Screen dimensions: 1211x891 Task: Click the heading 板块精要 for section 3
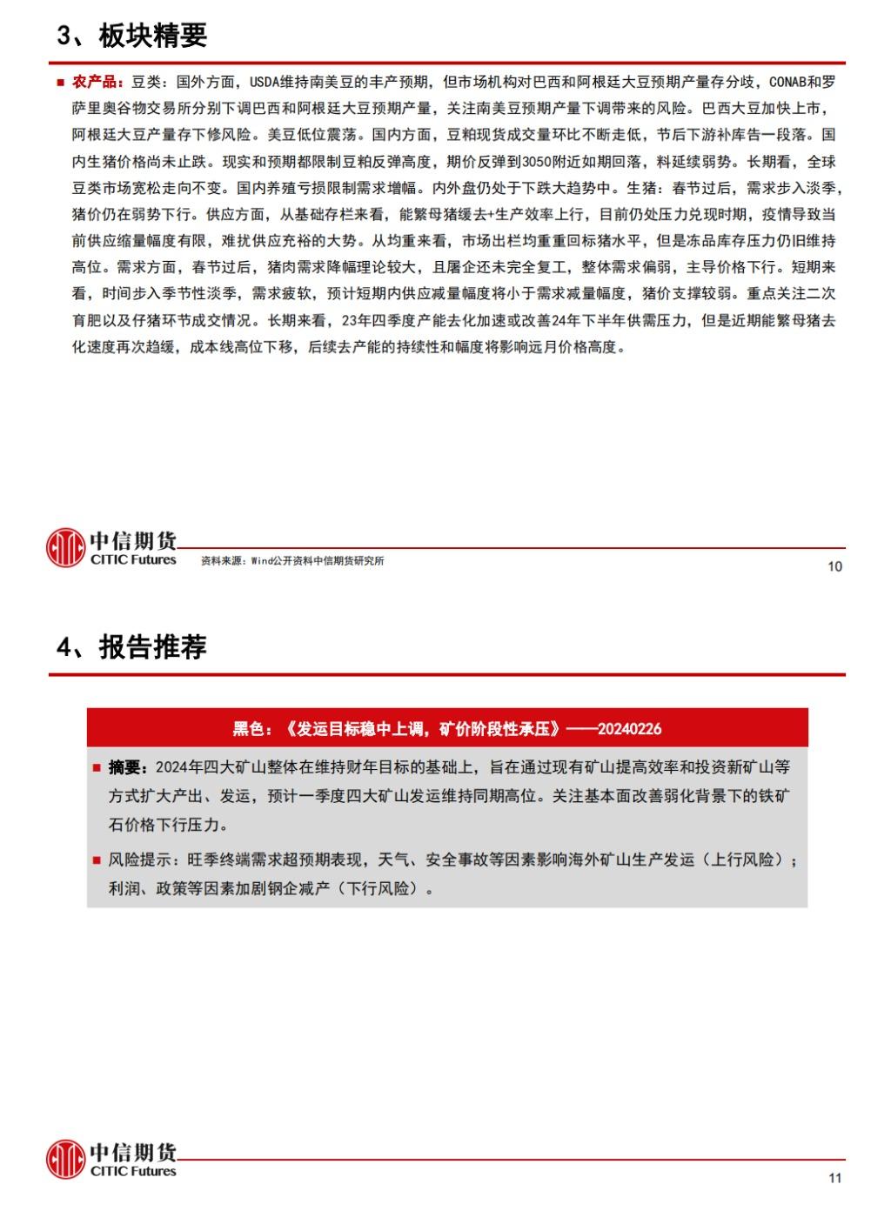(152, 36)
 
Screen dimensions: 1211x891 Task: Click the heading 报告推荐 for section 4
(152, 647)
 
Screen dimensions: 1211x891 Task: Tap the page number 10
(834, 566)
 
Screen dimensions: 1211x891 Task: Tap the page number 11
(834, 1178)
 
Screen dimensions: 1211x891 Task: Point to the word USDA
(265, 82)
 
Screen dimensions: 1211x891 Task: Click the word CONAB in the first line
(787, 82)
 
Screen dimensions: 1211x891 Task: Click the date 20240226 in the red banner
(630, 728)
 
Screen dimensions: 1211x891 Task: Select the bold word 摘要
(124, 767)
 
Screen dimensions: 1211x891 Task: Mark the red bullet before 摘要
(96, 768)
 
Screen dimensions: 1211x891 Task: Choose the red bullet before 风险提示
(96, 860)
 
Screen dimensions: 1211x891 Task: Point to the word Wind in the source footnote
(262, 561)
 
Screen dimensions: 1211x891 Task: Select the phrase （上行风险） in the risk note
(749, 860)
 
